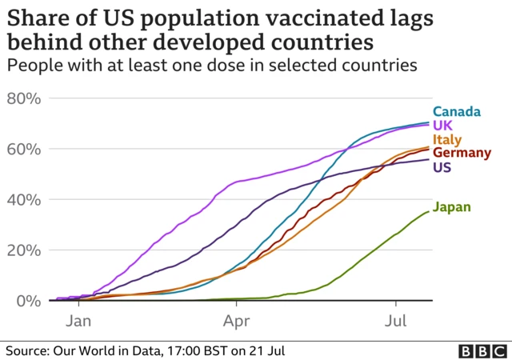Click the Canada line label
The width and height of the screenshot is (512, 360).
(x=457, y=112)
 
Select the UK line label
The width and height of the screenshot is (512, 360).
(x=442, y=126)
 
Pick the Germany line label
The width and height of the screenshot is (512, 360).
(x=462, y=153)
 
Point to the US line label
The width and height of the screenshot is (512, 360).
(x=442, y=166)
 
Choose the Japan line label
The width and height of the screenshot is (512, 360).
(x=451, y=207)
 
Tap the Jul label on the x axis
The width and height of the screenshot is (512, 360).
(x=395, y=322)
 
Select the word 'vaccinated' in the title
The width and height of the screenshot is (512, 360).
(x=319, y=17)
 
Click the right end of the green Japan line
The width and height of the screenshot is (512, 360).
(x=429, y=211)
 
